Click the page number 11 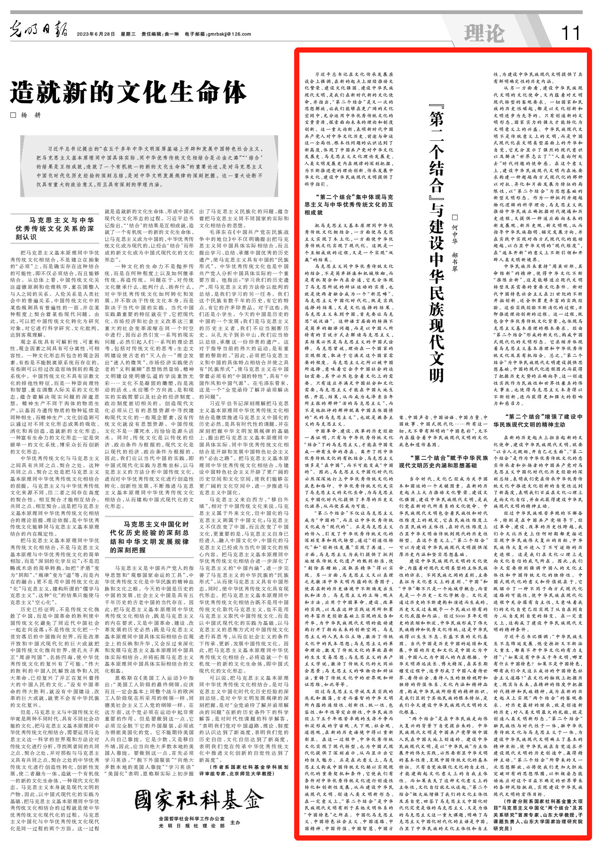(x=570, y=32)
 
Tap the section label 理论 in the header (x=484, y=33)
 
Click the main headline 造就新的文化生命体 (x=128, y=92)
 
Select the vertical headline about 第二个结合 (x=436, y=246)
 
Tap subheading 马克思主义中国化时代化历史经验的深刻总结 (x=149, y=537)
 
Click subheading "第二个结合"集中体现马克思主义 (x=349, y=205)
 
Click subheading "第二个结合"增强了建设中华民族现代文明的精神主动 (x=538, y=420)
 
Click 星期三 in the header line (x=128, y=34)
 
